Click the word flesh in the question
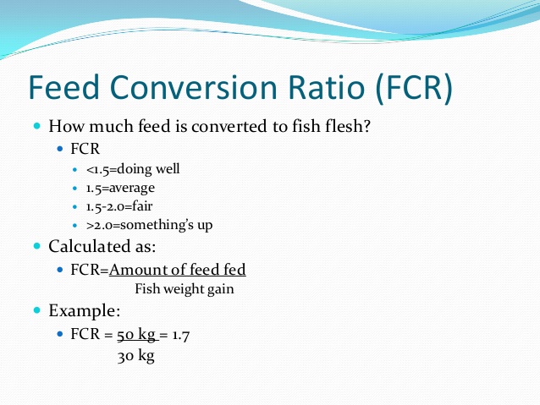click(346, 127)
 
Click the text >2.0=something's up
click(149, 226)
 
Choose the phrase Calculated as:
click(102, 248)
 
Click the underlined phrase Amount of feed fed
click(178, 270)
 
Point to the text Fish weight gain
click(184, 288)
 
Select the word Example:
click(84, 311)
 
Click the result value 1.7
click(179, 335)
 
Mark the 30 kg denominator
click(135, 355)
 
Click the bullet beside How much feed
click(37, 125)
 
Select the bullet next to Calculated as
click(37, 246)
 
